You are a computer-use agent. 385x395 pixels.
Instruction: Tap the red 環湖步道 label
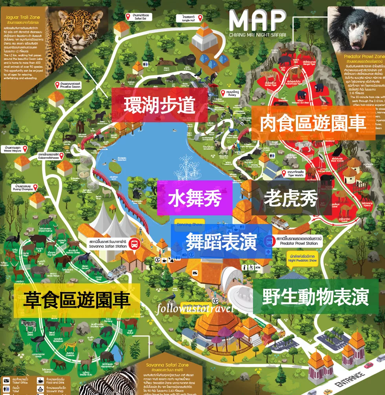159,105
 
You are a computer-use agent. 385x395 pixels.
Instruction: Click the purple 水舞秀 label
194,198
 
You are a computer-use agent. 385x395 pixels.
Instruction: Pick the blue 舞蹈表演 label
221,241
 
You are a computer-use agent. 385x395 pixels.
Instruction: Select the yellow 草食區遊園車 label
77,300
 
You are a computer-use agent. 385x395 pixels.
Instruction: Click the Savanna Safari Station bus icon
134,243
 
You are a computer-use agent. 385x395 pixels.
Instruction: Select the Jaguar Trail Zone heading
23,17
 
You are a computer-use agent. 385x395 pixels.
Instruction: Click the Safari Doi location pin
128,17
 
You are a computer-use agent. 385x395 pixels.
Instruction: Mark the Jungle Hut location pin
200,17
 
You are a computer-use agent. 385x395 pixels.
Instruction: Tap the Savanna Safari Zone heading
167,365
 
